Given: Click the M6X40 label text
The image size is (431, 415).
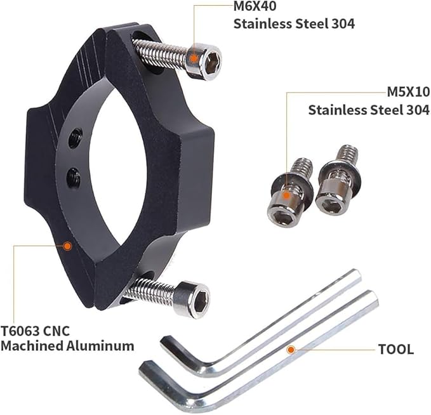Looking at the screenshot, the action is (255, 6).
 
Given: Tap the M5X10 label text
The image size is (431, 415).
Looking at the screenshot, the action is (408, 93).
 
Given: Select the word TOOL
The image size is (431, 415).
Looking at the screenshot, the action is (396, 349).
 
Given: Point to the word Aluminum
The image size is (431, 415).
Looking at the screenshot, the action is (100, 346).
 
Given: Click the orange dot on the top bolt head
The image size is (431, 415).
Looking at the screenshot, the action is (194, 58).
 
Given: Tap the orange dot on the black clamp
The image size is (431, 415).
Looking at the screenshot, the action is (67, 246).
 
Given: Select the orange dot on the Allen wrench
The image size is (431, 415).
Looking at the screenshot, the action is (290, 350).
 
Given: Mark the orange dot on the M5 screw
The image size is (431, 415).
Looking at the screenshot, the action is (286, 196).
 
